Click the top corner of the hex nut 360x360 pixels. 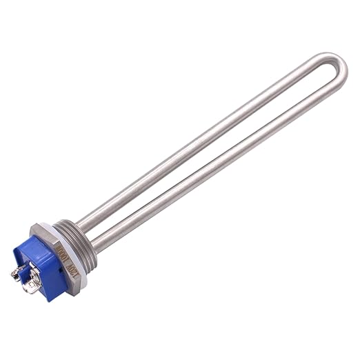pyautogui.click(x=43, y=224)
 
